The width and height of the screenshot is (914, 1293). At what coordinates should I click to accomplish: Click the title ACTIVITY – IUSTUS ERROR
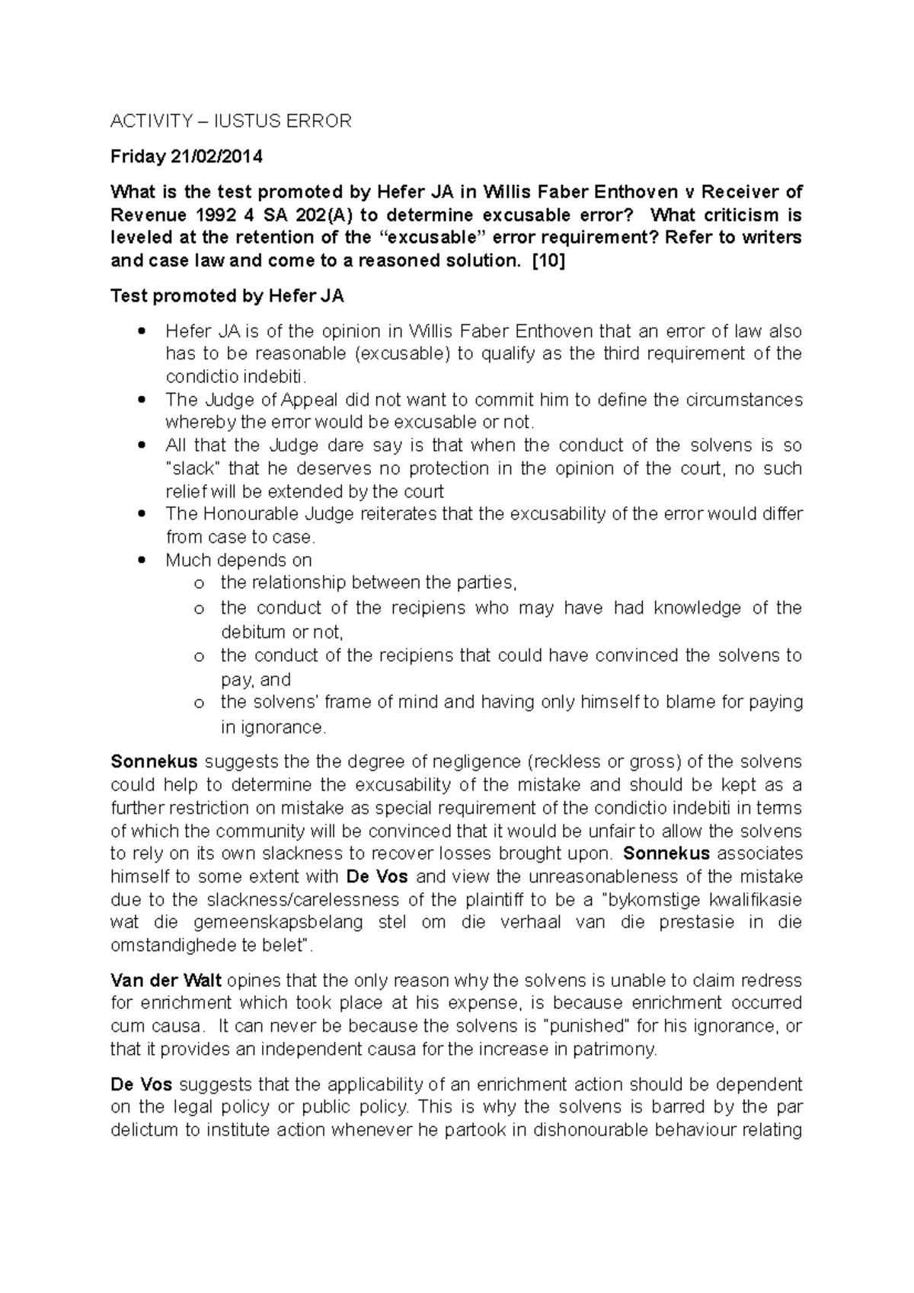coord(231,121)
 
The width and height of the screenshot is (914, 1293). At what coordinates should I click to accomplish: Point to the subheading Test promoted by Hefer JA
coord(227,296)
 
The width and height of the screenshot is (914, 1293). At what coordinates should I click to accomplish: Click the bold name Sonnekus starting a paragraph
coord(155,761)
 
